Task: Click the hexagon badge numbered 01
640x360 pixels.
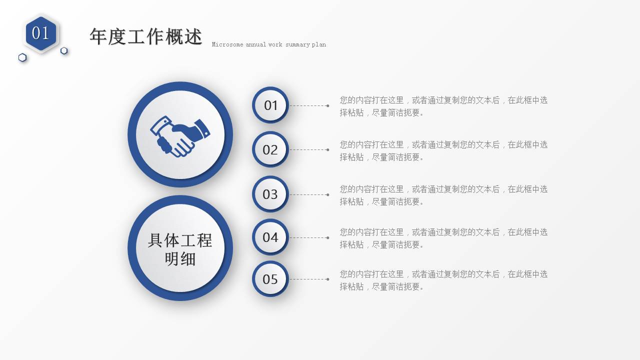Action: pyautogui.click(x=41, y=33)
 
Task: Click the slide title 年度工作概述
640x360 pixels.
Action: pyautogui.click(x=146, y=37)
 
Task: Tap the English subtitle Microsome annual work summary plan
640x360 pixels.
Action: pyautogui.click(x=268, y=44)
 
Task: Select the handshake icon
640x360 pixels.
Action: pyautogui.click(x=180, y=135)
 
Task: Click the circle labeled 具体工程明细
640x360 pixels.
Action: pyautogui.click(x=180, y=248)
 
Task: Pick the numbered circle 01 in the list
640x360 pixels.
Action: pyautogui.click(x=270, y=105)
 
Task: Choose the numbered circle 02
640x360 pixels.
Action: pyautogui.click(x=270, y=149)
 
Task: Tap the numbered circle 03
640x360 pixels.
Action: pyautogui.click(x=270, y=194)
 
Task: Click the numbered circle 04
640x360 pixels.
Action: pyautogui.click(x=270, y=237)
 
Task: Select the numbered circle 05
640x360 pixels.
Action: pyautogui.click(x=270, y=279)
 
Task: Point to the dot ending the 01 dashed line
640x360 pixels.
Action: pyautogui.click(x=327, y=105)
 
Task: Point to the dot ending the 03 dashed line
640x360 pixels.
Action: pyautogui.click(x=327, y=194)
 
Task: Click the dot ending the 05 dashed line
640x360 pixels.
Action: pyautogui.click(x=327, y=279)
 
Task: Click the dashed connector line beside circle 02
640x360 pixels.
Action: pyautogui.click(x=307, y=149)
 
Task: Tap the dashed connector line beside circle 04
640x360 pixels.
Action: pyautogui.click(x=307, y=237)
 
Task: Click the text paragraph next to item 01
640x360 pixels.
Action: pyautogui.click(x=443, y=106)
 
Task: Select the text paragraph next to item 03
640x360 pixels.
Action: pyautogui.click(x=443, y=195)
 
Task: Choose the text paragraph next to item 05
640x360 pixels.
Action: pyautogui.click(x=443, y=280)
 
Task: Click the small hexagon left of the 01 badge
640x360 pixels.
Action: pyautogui.click(x=22, y=57)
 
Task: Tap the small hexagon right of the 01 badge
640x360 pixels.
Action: pyautogui.click(x=64, y=50)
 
